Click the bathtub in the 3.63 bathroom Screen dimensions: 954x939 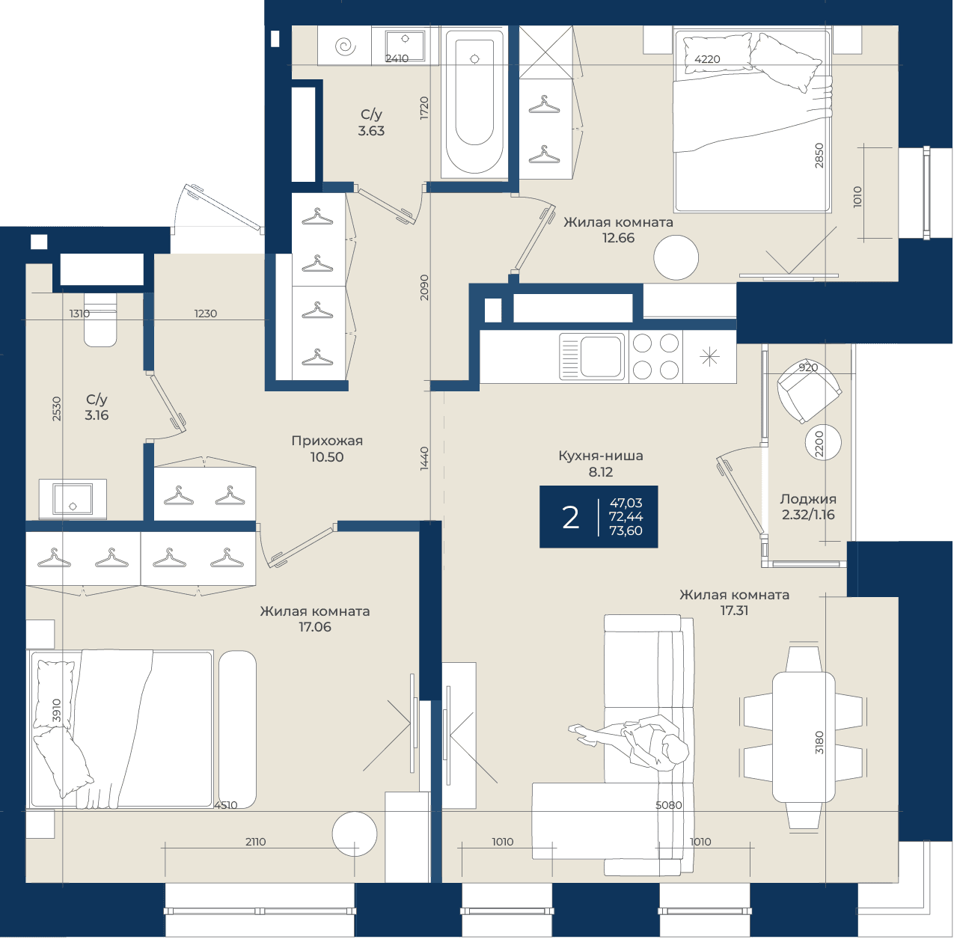tap(474, 103)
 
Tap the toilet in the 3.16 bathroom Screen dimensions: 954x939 tap(100, 319)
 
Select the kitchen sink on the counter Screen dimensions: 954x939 tap(592, 357)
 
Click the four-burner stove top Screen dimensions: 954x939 tap(655, 357)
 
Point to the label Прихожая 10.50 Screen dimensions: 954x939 tap(327, 449)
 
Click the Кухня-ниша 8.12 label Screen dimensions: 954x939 tap(601, 464)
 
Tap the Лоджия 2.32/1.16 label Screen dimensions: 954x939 tap(808, 507)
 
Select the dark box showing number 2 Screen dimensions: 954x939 tap(599, 516)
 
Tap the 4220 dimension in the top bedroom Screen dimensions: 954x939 tap(707, 59)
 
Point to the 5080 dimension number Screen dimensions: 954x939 tap(668, 805)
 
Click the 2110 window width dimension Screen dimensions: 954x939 tap(255, 842)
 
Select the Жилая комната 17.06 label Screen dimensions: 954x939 tap(315, 619)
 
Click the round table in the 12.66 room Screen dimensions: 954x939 tap(676, 258)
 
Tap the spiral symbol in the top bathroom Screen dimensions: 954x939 tap(345, 47)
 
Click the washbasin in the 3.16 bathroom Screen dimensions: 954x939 tap(73, 499)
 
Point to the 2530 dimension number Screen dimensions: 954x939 tap(56, 409)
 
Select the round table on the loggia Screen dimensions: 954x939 tap(823, 442)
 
